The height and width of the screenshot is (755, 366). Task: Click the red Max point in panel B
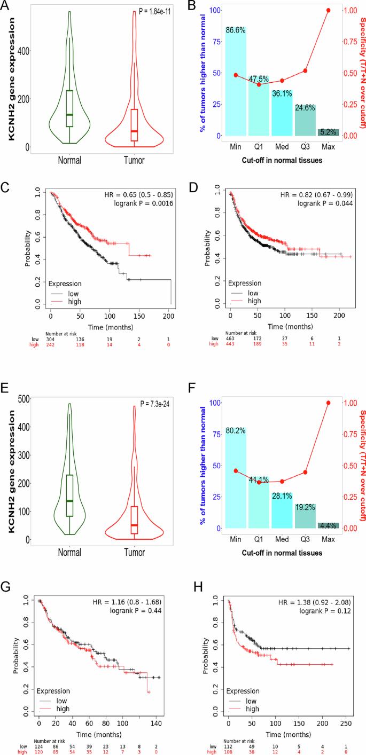coord(328,10)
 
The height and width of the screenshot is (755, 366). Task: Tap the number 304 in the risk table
coord(51,339)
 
